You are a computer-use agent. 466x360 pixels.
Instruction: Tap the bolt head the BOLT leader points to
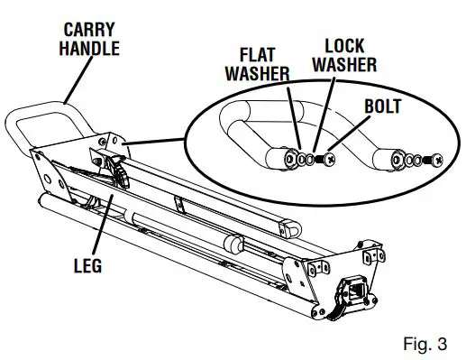(331, 159)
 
